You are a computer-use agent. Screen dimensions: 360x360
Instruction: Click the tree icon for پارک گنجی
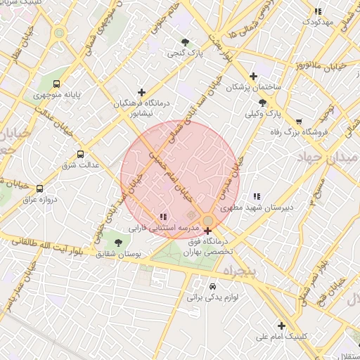click(185, 42)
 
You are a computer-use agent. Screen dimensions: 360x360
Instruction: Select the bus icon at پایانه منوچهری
click(57, 83)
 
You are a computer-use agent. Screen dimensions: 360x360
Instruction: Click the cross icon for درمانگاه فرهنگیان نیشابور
click(142, 92)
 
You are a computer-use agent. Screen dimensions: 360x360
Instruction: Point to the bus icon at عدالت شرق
click(79, 154)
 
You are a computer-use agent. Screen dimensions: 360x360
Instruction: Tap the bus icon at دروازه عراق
click(39, 188)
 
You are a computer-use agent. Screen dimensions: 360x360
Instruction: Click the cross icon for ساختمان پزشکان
click(254, 76)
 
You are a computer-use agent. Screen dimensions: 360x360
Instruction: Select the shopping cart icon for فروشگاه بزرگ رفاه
click(299, 121)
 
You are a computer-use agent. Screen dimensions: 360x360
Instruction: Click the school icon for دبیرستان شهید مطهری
click(257, 197)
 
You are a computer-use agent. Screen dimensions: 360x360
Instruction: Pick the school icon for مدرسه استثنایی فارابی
click(163, 217)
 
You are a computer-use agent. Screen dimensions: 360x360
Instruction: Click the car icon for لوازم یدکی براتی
click(212, 286)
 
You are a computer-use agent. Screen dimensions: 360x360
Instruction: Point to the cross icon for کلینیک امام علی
click(281, 326)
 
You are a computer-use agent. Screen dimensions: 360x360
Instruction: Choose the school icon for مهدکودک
click(318, 11)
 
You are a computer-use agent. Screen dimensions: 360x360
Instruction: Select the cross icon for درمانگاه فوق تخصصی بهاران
click(207, 231)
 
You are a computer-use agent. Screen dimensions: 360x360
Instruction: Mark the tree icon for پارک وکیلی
click(262, 103)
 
